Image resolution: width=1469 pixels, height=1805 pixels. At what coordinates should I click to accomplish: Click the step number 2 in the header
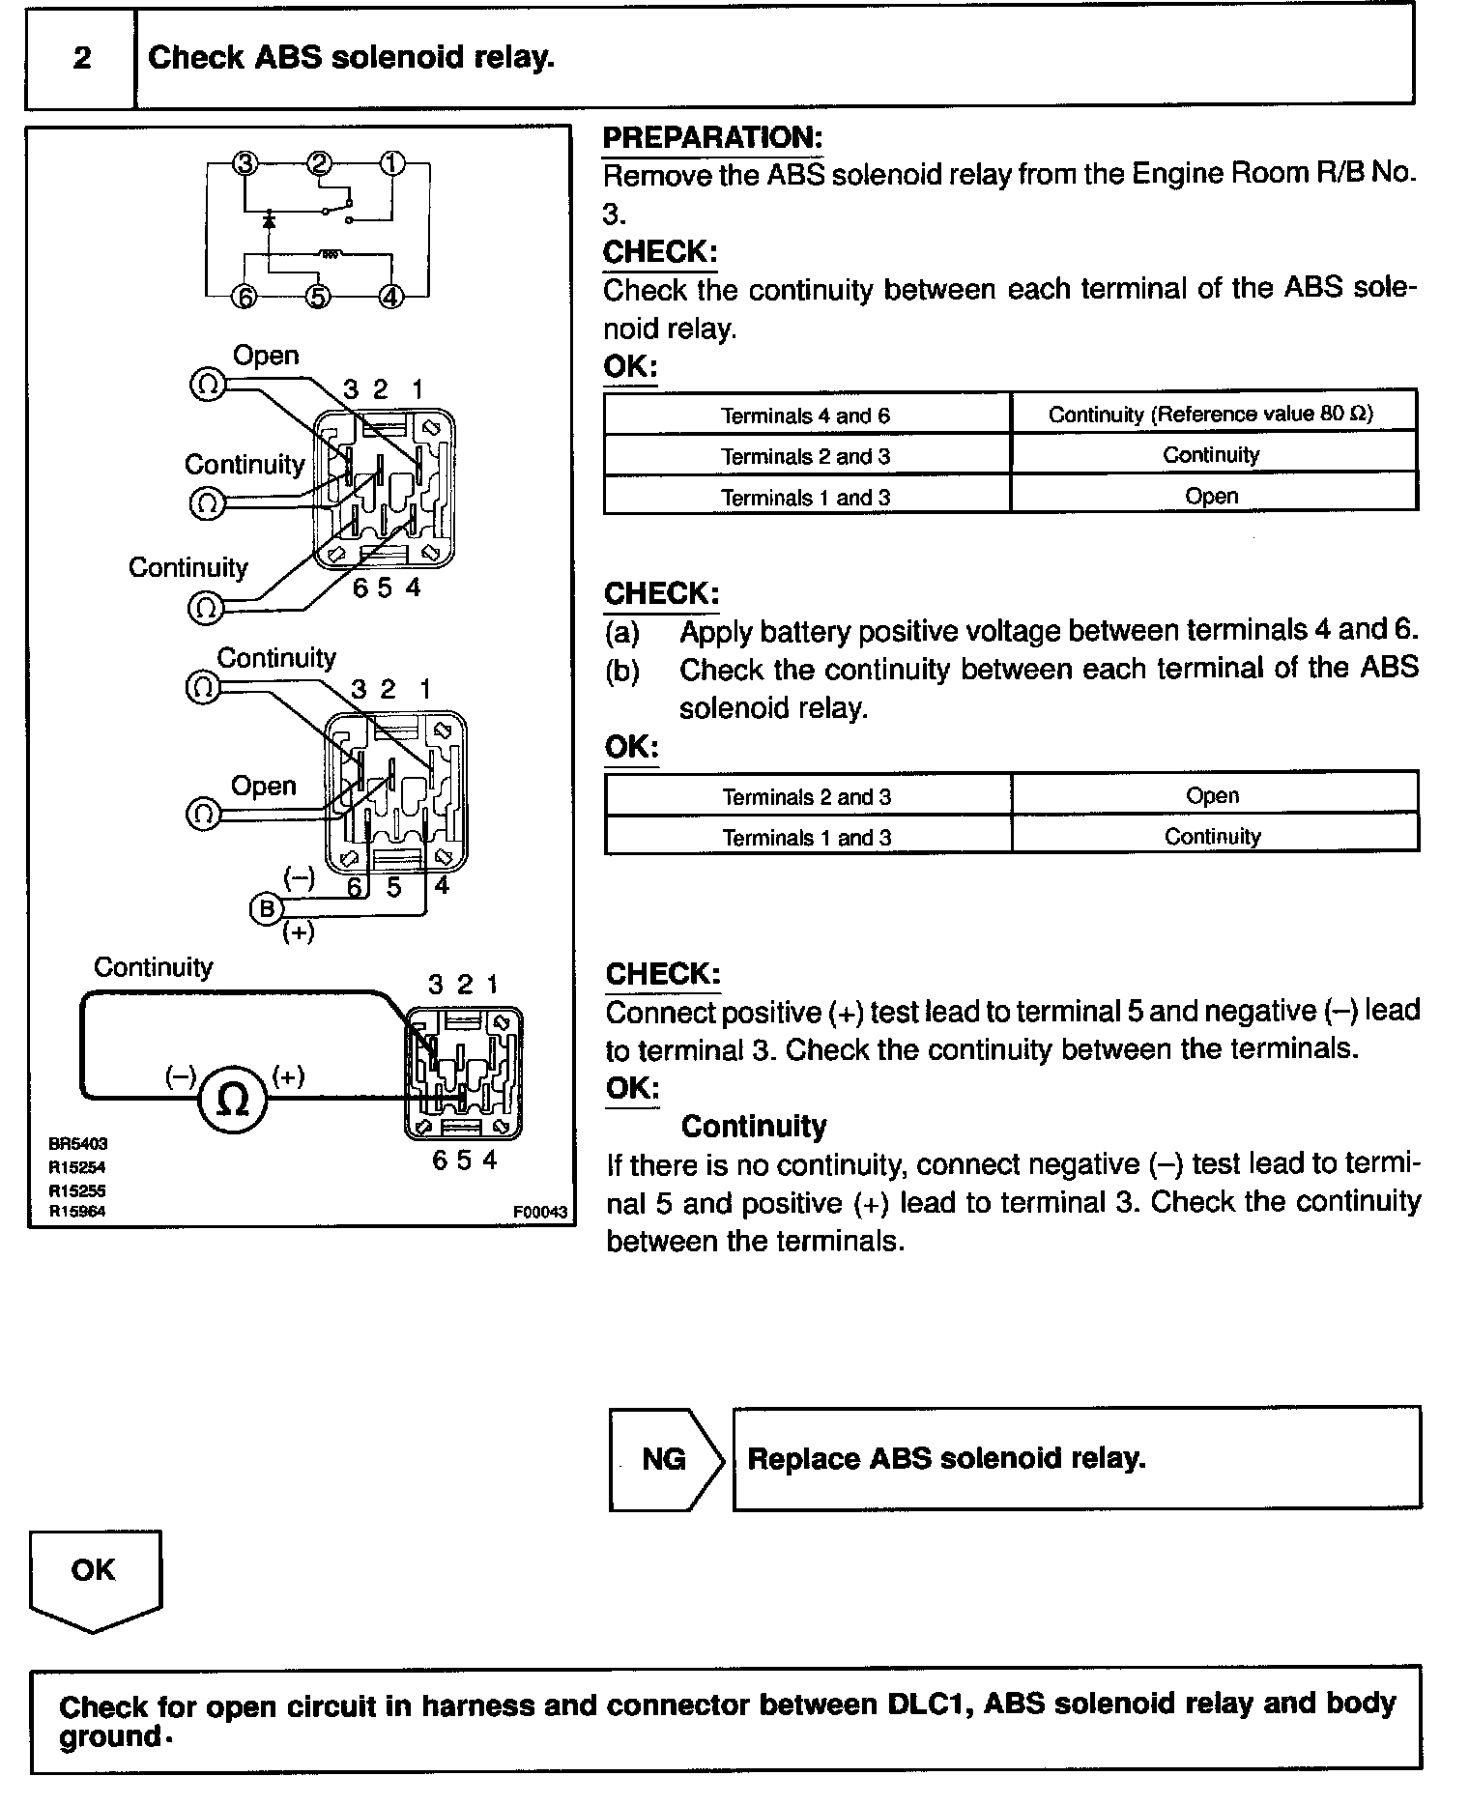point(82,58)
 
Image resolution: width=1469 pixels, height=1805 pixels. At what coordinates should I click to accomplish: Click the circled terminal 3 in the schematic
point(245,163)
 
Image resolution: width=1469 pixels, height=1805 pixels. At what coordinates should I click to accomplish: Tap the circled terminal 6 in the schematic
point(245,297)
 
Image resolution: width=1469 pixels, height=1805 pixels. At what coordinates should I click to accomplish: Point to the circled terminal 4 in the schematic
point(390,296)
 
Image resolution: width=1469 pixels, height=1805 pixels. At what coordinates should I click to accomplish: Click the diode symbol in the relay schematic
point(269,221)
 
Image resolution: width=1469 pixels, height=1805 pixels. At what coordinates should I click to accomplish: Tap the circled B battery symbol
point(266,909)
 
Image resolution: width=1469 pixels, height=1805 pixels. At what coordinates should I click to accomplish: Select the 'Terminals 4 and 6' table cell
point(806,415)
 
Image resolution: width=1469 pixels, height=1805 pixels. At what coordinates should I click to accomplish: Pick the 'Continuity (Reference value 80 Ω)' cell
point(1211,415)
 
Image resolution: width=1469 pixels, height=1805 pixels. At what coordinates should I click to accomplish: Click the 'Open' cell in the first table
point(1211,496)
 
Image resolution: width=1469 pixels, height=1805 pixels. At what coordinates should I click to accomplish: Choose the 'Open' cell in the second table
point(1212,795)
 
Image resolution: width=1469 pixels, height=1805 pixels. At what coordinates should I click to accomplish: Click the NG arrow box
point(665,1458)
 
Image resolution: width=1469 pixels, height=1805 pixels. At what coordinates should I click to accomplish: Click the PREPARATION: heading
point(712,137)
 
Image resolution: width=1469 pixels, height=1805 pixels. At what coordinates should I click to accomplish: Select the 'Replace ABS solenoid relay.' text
point(946,1458)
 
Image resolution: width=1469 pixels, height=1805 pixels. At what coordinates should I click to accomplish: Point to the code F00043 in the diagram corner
point(541,1212)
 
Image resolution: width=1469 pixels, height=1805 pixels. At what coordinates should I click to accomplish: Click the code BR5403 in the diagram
point(78,1143)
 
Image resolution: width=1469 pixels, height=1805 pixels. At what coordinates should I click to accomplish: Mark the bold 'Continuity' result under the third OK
point(754,1127)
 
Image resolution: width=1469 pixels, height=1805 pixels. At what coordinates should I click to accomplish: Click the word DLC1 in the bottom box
point(930,1703)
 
